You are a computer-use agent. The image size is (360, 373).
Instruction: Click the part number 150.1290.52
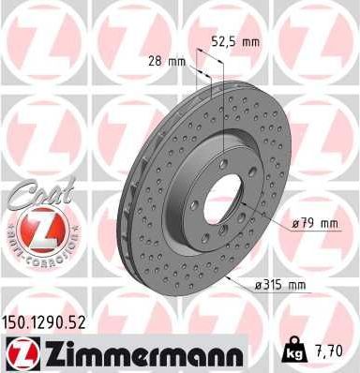tap(47, 321)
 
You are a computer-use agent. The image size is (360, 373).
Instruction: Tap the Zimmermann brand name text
tap(150, 352)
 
